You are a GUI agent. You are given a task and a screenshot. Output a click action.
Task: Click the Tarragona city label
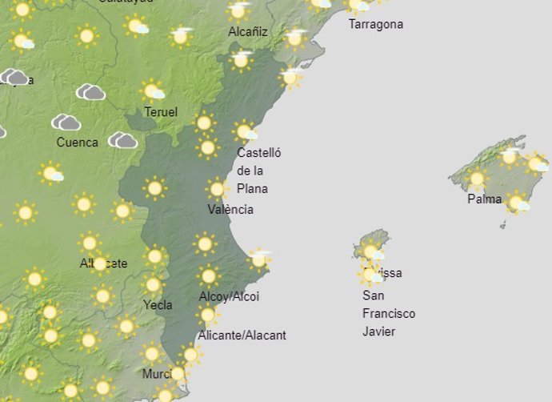(376, 24)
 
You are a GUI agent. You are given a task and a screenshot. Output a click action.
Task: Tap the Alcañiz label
(247, 32)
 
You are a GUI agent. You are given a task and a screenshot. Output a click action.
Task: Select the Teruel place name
(161, 112)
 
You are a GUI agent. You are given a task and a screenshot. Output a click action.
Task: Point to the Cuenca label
(77, 143)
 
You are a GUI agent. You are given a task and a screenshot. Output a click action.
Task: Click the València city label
(230, 209)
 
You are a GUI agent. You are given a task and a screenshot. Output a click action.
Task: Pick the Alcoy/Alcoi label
(229, 296)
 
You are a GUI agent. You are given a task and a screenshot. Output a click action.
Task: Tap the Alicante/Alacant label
(242, 336)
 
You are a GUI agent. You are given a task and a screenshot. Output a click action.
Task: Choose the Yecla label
(158, 304)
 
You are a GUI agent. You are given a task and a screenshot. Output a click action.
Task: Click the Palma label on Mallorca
(485, 199)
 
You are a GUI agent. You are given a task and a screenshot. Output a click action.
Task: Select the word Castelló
(259, 152)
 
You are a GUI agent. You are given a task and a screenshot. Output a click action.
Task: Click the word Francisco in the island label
(389, 313)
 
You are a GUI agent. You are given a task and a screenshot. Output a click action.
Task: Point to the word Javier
(379, 332)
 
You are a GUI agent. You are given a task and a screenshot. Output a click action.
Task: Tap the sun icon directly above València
(217, 189)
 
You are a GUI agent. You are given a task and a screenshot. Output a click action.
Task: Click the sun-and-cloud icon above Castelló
(245, 131)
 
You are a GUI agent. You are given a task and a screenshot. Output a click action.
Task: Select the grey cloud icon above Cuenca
(66, 123)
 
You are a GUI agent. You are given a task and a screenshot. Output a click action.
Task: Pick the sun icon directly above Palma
(477, 179)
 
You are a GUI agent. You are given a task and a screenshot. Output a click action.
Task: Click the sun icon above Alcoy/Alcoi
(208, 276)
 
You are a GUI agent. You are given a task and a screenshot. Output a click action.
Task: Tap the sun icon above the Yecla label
(152, 285)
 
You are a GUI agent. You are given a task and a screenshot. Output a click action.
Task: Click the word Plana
(252, 189)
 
